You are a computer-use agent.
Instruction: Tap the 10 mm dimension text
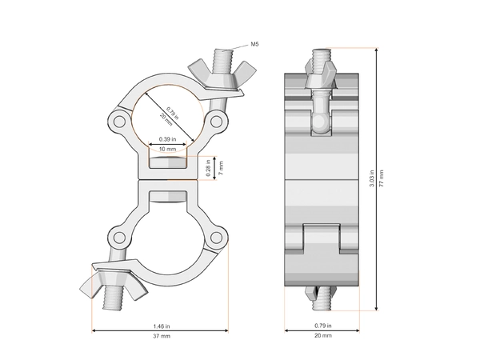point(169,150)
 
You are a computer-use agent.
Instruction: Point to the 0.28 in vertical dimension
point(208,169)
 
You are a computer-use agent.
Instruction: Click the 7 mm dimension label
point(221,169)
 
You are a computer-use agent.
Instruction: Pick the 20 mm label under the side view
point(324,338)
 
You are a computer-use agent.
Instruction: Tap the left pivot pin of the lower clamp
point(119,237)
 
